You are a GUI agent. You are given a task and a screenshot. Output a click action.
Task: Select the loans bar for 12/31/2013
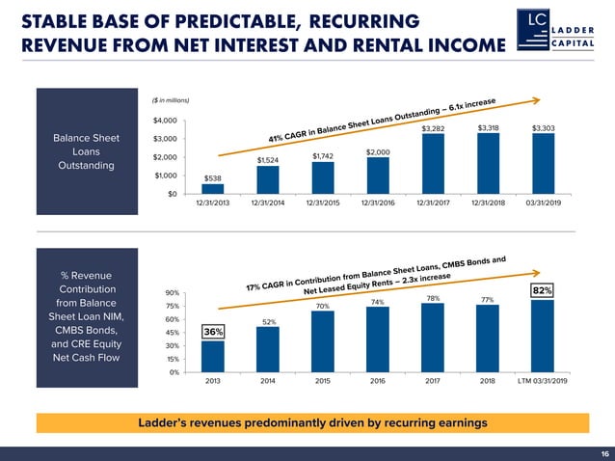212,188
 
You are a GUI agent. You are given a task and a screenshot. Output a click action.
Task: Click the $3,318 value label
489,128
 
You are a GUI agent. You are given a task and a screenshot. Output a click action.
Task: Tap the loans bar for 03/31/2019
543,164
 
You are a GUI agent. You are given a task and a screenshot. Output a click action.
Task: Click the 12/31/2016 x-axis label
378,203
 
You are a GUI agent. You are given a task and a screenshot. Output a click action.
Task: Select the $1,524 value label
267,160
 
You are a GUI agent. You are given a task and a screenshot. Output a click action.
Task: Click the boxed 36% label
213,332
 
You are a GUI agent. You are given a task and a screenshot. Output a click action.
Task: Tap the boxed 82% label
543,290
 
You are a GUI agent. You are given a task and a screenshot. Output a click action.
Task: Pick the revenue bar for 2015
323,341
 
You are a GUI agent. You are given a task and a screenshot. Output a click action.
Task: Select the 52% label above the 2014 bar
269,321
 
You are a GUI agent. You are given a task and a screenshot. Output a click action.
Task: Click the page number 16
604,453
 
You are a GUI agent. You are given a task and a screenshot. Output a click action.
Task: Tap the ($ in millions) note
171,100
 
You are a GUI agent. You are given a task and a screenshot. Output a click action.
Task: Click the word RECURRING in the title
361,20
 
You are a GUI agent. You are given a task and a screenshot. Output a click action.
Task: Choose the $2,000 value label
378,152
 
